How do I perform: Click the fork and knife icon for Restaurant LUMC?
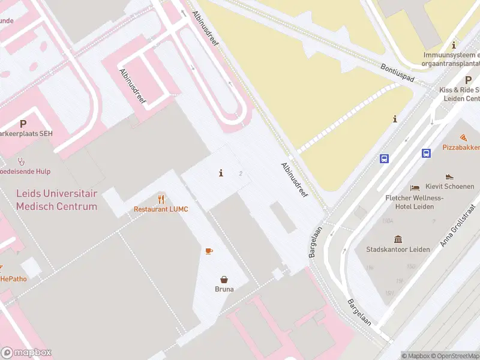[x=161, y=199]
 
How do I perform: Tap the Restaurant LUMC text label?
[x=161, y=209]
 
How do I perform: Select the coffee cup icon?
[x=209, y=251]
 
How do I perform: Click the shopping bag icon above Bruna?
[x=224, y=279]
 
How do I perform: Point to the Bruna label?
[x=224, y=289]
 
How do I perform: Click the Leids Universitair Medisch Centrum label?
[x=56, y=200]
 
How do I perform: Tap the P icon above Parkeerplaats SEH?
[x=23, y=124]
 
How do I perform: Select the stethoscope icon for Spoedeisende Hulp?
[x=21, y=161]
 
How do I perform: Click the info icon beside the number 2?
[x=221, y=173]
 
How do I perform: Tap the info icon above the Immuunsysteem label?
[x=454, y=45]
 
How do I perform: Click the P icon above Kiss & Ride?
[x=468, y=80]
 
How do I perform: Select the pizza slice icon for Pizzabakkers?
[x=464, y=138]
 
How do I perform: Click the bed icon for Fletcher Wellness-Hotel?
[x=415, y=188]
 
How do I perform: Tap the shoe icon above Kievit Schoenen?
[x=449, y=177]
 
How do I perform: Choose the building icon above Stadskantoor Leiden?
[x=398, y=239]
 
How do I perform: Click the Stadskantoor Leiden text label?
[x=398, y=249]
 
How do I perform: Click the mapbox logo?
[x=26, y=353]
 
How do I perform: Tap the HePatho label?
[x=12, y=279]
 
